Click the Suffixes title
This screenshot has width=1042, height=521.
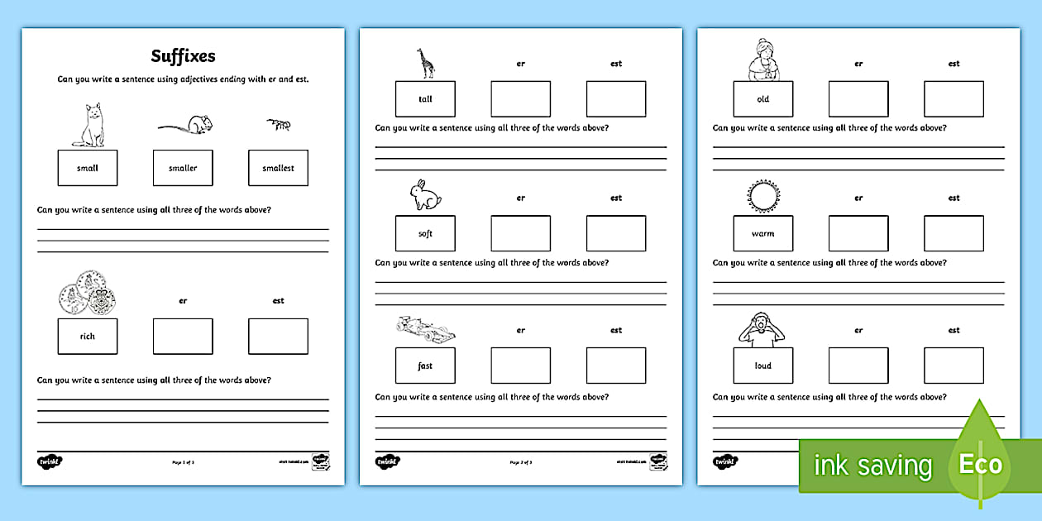coord(183,56)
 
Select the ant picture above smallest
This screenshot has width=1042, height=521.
coord(278,125)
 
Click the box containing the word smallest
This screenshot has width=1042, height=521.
coord(278,168)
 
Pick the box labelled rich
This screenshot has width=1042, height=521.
coord(88,337)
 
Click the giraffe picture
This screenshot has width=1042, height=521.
coord(426,63)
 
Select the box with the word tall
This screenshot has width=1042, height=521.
coord(425,99)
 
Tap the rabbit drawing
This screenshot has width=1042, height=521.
coord(426,196)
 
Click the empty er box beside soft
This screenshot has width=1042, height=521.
coord(520,234)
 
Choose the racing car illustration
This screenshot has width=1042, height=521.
coord(425,330)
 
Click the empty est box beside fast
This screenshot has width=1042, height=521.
coord(616,366)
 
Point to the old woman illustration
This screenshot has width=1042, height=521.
coord(762,60)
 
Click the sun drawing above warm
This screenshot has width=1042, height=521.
coord(762,196)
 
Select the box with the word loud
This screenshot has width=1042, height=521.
coord(762,366)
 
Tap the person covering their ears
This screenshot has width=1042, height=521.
coord(762,328)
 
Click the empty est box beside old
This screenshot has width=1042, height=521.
coord(954,99)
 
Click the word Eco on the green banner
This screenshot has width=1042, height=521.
coord(981,464)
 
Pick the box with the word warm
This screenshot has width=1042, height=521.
coord(762,234)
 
